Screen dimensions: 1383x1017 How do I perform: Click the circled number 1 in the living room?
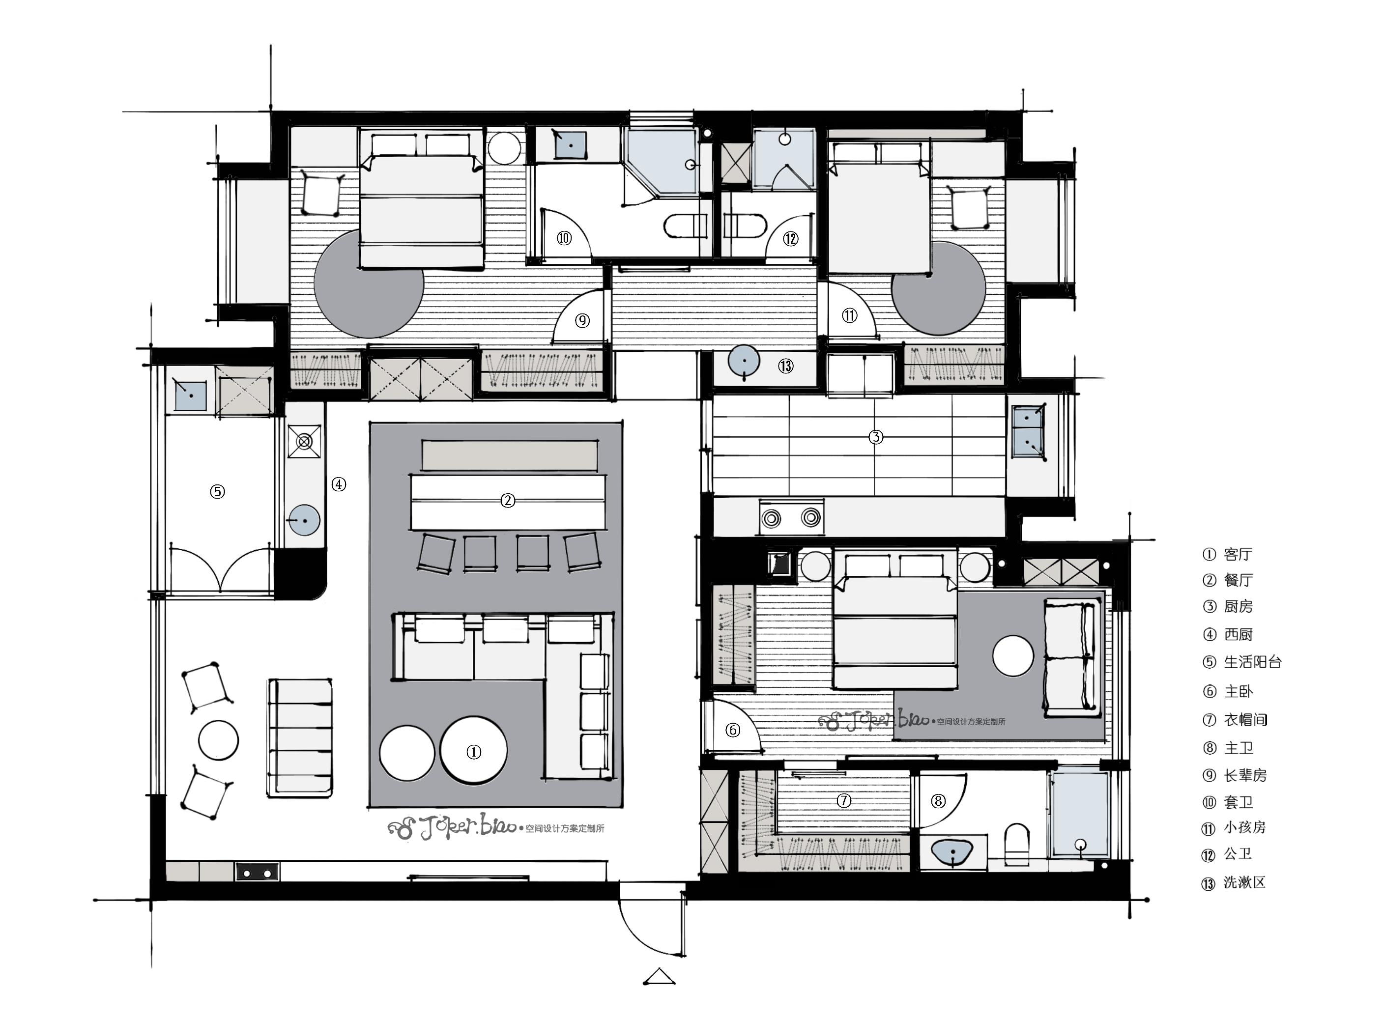pos(473,752)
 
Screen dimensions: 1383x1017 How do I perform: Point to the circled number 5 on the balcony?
pos(217,491)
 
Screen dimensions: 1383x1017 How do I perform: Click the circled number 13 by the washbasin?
pos(786,366)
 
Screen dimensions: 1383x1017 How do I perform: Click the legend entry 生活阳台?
pos(1252,662)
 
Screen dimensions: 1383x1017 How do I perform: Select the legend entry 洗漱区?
pos(1244,882)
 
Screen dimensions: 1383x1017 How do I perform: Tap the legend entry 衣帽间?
pos(1245,719)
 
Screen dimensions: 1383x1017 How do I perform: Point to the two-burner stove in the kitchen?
pos(791,517)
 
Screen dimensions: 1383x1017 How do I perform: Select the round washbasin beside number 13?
pos(744,360)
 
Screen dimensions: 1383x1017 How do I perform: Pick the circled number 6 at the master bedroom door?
pos(732,730)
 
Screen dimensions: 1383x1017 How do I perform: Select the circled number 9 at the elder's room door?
pos(582,320)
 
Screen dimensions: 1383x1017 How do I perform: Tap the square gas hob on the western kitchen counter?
pos(305,441)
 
